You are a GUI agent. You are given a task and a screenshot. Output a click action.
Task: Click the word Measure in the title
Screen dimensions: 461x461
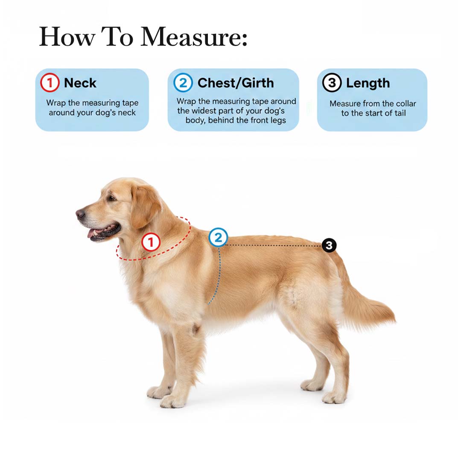(194, 37)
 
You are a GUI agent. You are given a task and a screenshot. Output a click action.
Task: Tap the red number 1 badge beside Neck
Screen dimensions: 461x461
(50, 83)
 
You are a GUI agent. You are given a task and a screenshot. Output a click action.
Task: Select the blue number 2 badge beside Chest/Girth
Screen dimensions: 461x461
(183, 83)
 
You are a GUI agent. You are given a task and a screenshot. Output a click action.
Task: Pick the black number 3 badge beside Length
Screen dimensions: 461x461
(332, 83)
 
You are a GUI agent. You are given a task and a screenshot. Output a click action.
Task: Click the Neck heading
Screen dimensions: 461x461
(80, 83)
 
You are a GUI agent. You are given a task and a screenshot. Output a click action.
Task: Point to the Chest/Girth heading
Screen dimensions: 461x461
(236, 83)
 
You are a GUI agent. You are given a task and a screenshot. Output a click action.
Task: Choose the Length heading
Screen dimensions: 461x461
(368, 83)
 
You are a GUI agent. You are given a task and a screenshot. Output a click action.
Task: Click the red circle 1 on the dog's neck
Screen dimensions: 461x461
(151, 242)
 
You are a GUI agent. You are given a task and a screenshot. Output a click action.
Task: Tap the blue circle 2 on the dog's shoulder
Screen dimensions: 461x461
(218, 237)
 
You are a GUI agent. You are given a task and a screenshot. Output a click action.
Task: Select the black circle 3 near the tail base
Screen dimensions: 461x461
(329, 245)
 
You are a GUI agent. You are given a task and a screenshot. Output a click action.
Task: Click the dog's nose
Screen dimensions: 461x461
(80, 214)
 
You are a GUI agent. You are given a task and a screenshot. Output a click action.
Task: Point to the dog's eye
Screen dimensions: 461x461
(112, 198)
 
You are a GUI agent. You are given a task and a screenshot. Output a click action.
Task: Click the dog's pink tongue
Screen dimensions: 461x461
(93, 233)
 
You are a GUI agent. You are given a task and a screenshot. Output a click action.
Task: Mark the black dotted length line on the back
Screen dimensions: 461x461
(274, 245)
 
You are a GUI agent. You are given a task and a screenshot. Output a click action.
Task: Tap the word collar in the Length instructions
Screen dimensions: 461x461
(406, 103)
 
